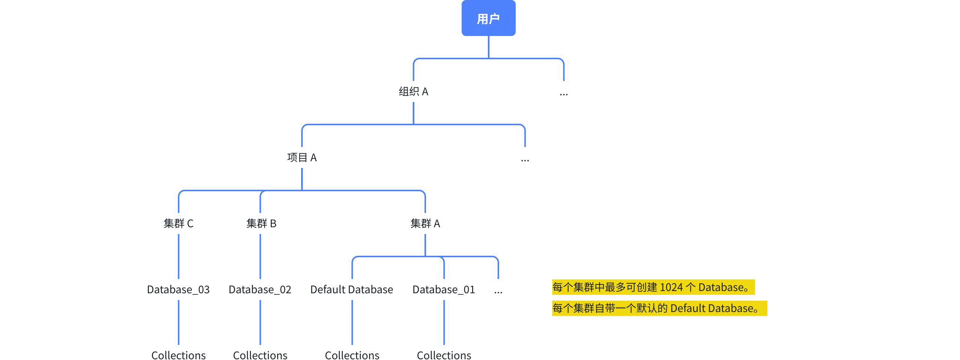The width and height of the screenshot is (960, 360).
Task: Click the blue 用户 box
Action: pos(488,18)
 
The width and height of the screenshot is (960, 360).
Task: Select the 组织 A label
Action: pos(413,91)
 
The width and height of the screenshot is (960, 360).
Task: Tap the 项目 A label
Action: pos(302,157)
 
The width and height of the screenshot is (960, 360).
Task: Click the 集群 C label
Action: pos(178,223)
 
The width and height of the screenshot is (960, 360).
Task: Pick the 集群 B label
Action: pos(261,223)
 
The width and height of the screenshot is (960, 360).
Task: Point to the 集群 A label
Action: pos(425,223)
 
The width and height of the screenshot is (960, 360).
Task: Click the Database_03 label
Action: pos(178,289)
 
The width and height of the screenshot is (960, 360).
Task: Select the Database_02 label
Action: pos(260,289)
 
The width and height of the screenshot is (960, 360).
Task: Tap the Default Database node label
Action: pos(352,289)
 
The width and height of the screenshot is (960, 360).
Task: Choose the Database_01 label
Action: pos(444,289)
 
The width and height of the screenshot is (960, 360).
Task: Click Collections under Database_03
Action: pos(178,355)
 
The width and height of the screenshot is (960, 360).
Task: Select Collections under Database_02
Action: pos(260,355)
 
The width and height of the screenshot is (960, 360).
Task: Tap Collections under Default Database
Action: pos(352,355)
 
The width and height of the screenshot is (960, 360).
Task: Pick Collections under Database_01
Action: pos(444,355)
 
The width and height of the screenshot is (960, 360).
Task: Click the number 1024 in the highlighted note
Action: pos(671,287)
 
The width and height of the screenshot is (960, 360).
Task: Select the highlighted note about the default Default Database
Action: pos(659,308)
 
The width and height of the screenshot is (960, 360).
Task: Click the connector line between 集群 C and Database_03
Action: pos(178,256)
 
